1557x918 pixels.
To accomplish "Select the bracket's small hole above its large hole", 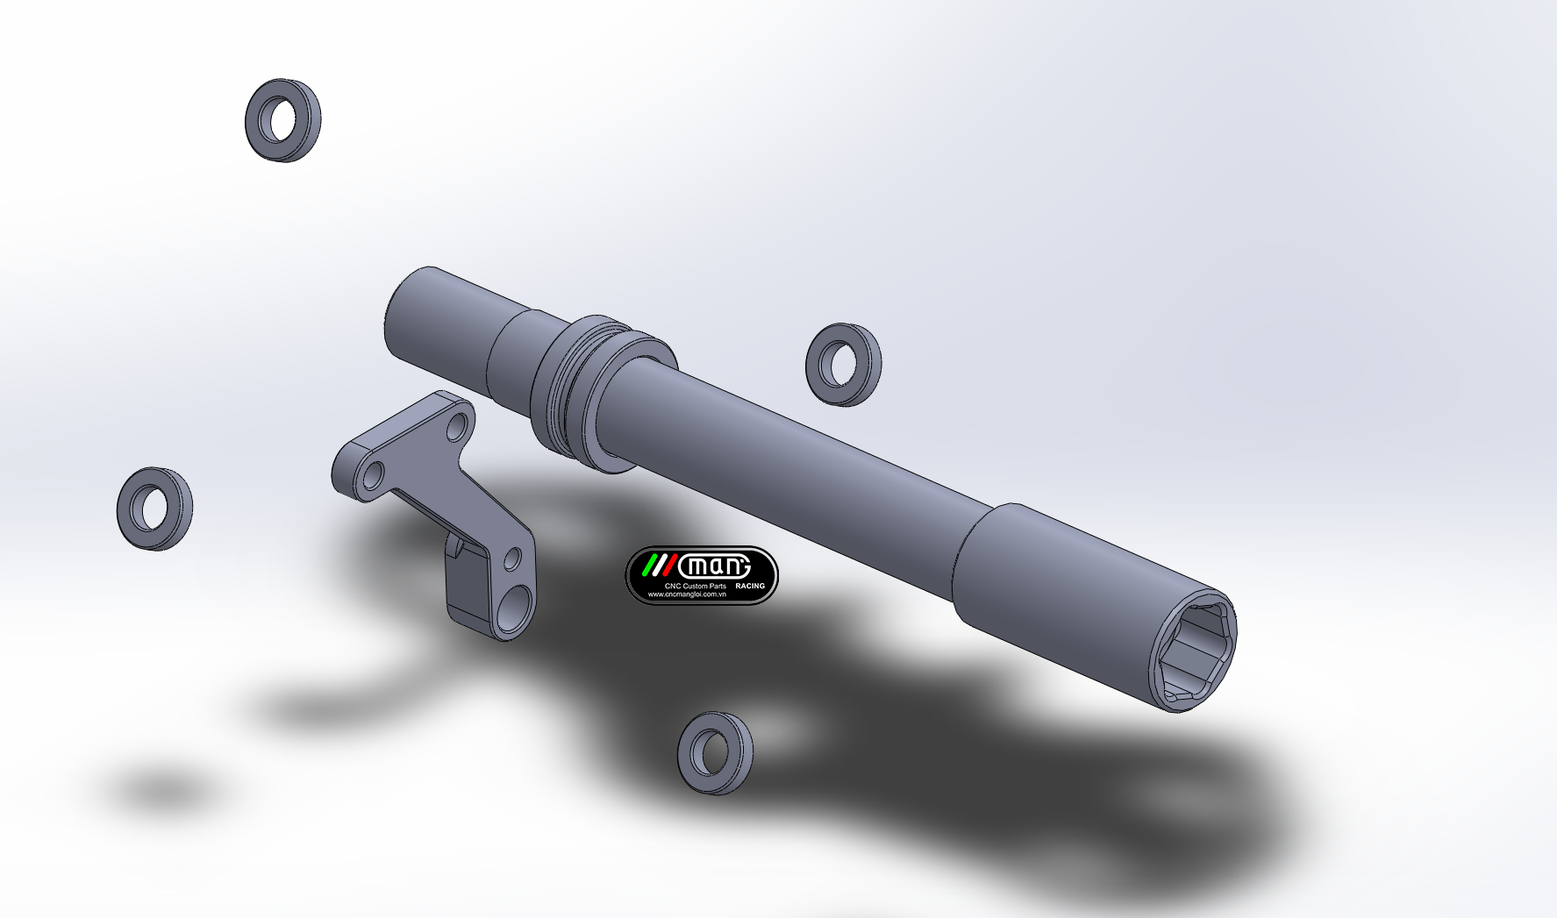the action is [512, 559].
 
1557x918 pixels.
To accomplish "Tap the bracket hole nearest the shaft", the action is [458, 428].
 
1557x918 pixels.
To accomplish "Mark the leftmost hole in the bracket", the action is [373, 476].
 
